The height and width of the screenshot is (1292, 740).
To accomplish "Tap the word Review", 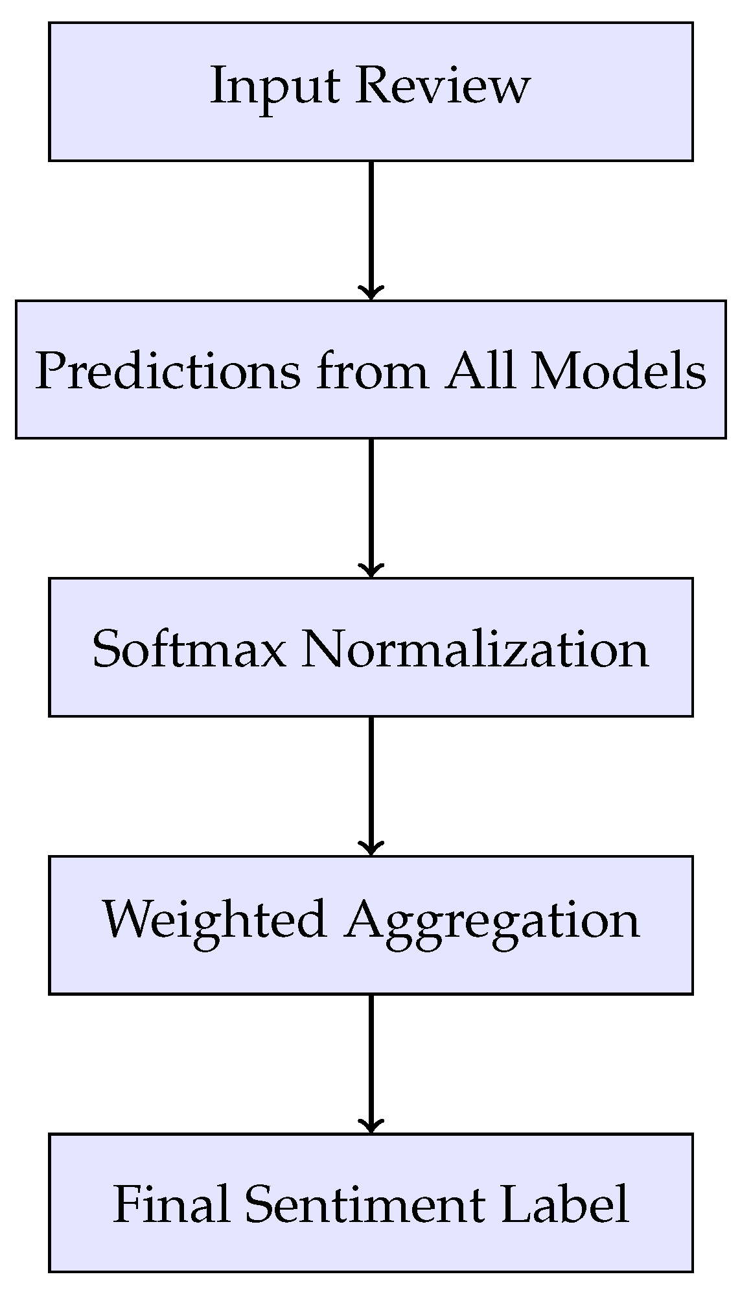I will pyautogui.click(x=443, y=86).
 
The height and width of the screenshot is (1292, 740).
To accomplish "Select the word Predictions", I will pyautogui.click(x=167, y=371).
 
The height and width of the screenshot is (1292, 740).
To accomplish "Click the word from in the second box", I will pyautogui.click(x=372, y=371).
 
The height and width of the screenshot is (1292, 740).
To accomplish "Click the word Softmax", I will pyautogui.click(x=189, y=648).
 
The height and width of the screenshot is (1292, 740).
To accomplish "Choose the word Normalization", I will pyautogui.click(x=475, y=648).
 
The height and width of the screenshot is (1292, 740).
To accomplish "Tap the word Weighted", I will pyautogui.click(x=214, y=919).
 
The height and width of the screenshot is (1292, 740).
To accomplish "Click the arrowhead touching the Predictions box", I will pyautogui.click(x=371, y=293).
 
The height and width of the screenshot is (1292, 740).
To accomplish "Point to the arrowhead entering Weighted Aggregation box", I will pyautogui.click(x=371, y=849).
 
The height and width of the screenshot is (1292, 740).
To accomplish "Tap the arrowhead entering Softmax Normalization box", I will pyautogui.click(x=371, y=570).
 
